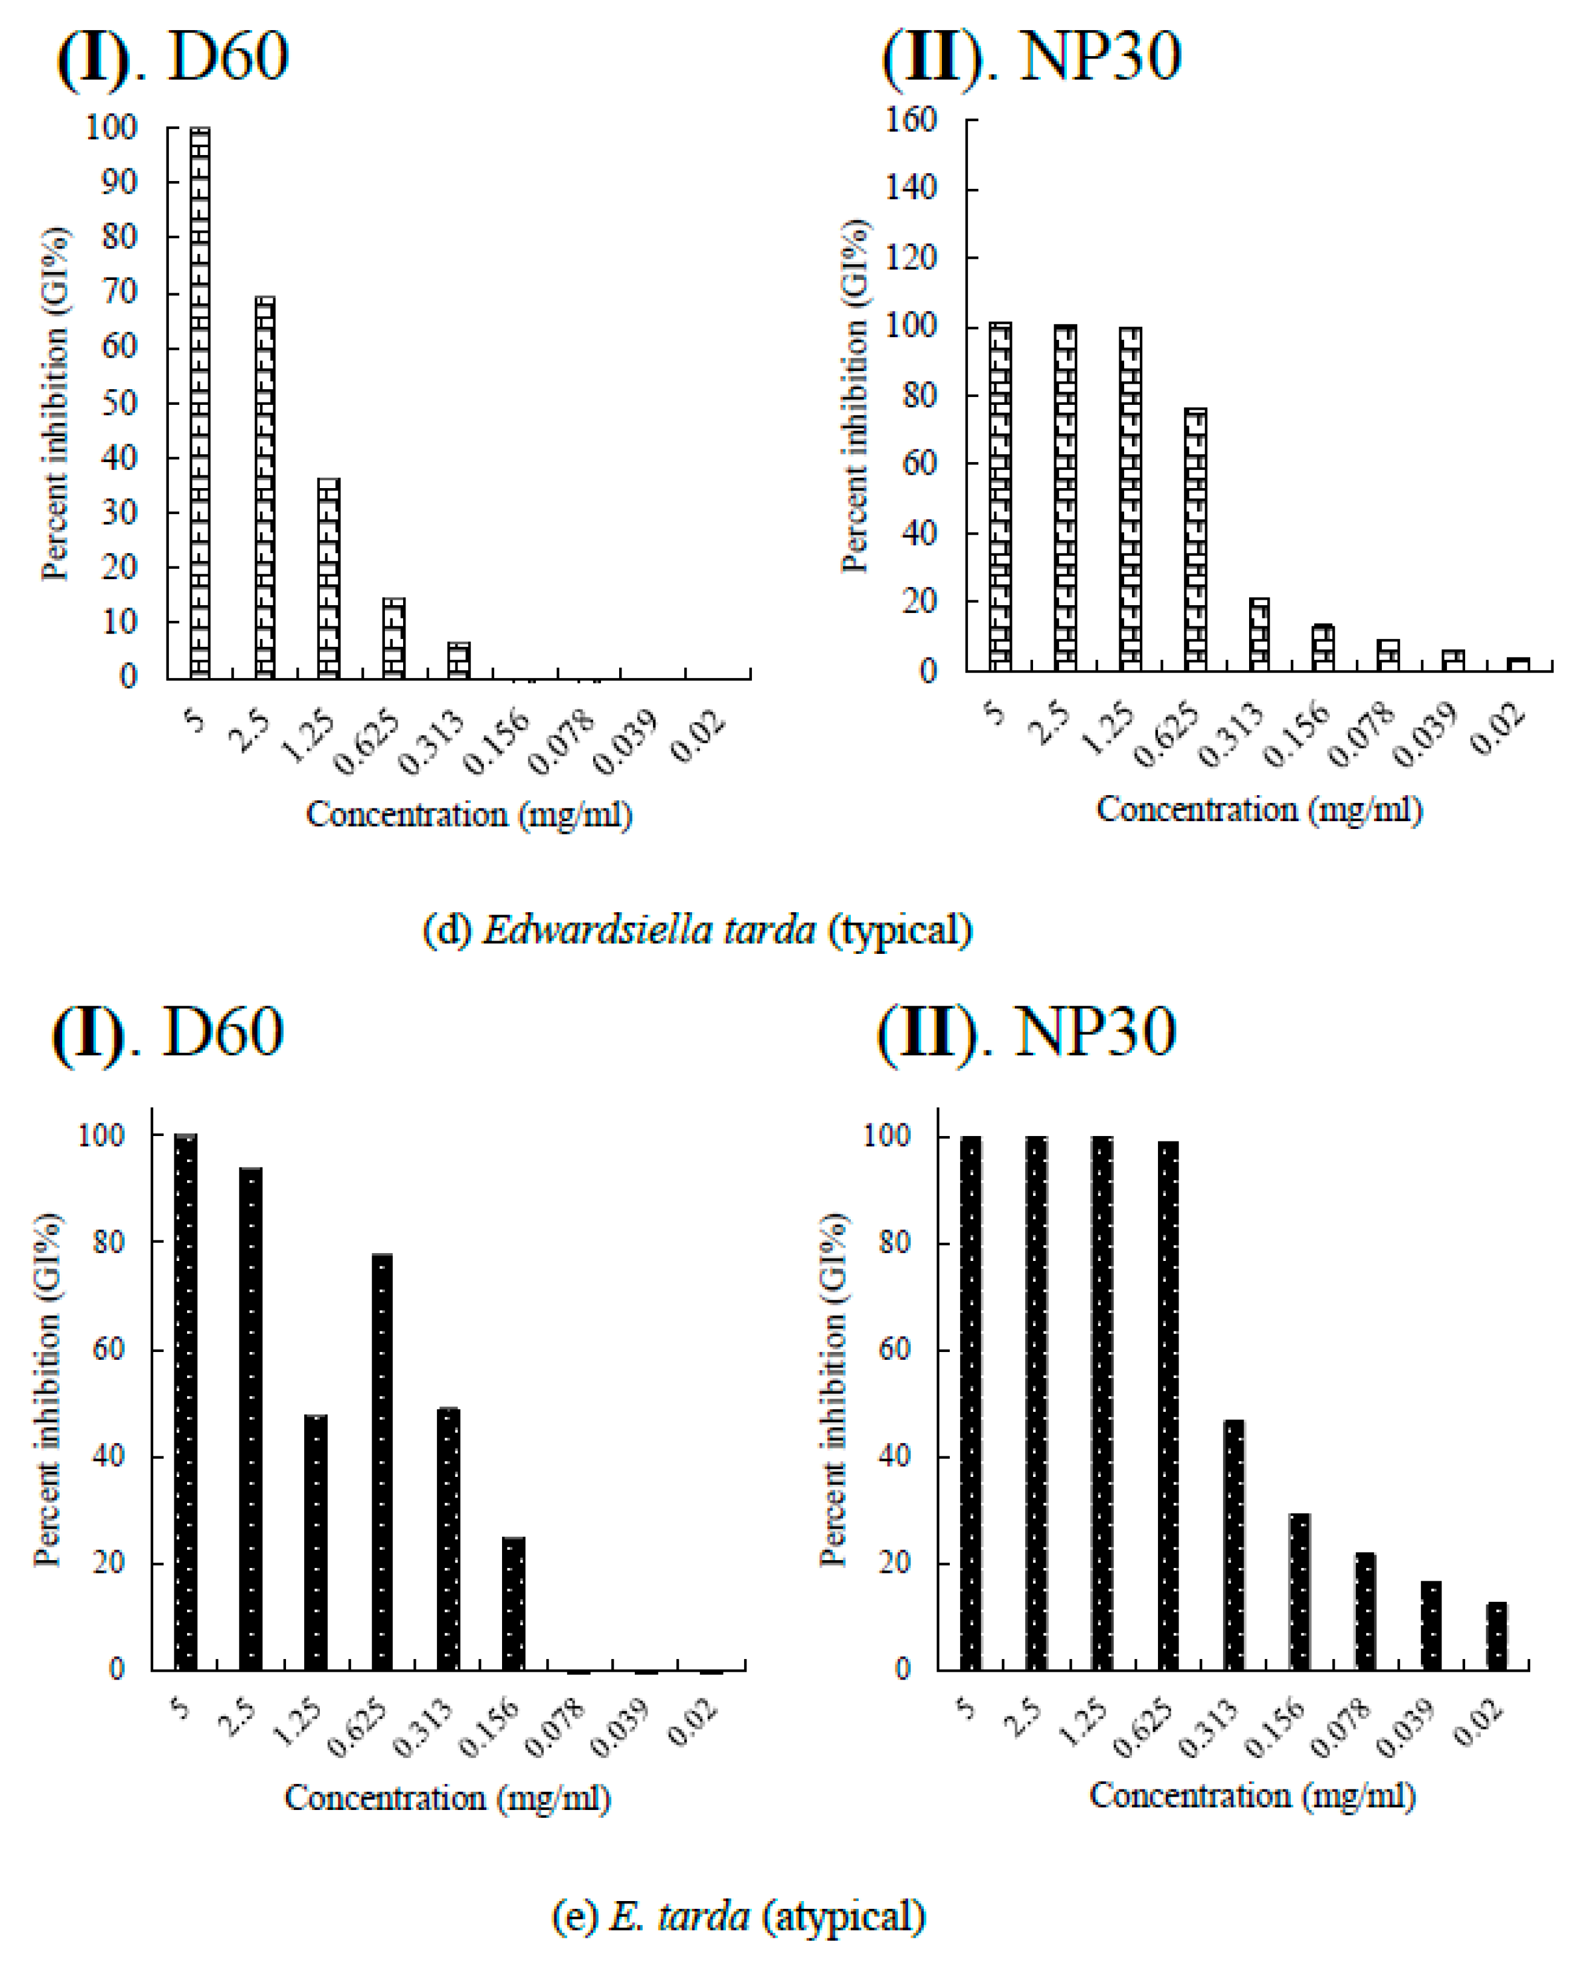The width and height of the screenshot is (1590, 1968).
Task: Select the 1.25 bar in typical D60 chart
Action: (x=328, y=578)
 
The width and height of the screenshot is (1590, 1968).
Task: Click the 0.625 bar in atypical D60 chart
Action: (x=382, y=1462)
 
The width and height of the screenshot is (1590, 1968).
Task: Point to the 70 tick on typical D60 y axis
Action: (x=118, y=292)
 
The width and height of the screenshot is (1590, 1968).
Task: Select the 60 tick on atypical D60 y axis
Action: (x=107, y=1349)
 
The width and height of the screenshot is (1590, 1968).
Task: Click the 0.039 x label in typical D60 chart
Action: (x=625, y=742)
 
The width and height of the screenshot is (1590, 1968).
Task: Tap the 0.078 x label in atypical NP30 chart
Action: (x=1341, y=1729)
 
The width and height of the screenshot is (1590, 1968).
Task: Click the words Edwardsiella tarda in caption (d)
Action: (x=649, y=930)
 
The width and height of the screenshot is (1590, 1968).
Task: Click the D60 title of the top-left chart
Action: (x=228, y=57)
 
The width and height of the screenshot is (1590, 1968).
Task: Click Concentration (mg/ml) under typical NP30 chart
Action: (x=1259, y=810)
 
